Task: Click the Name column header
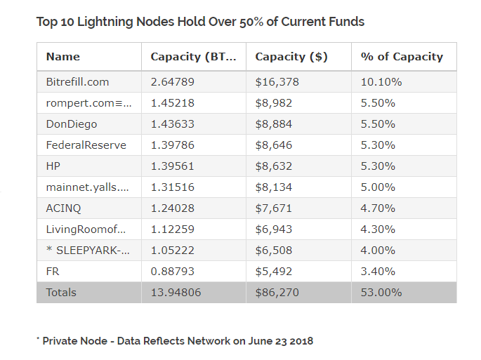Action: point(63,57)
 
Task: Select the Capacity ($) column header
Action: point(291,57)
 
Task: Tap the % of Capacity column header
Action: point(401,57)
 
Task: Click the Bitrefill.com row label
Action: point(77,82)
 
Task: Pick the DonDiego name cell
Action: point(71,124)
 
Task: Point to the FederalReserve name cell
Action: point(86,145)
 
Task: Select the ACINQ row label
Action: point(64,208)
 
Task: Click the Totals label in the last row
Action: point(61,293)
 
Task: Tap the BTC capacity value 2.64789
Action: point(172,82)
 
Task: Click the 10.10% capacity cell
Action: point(381,82)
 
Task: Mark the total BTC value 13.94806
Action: point(176,293)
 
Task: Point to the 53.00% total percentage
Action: point(381,293)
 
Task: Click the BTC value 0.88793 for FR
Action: point(172,272)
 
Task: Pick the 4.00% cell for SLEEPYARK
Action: point(378,251)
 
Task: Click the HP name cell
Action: point(54,166)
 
